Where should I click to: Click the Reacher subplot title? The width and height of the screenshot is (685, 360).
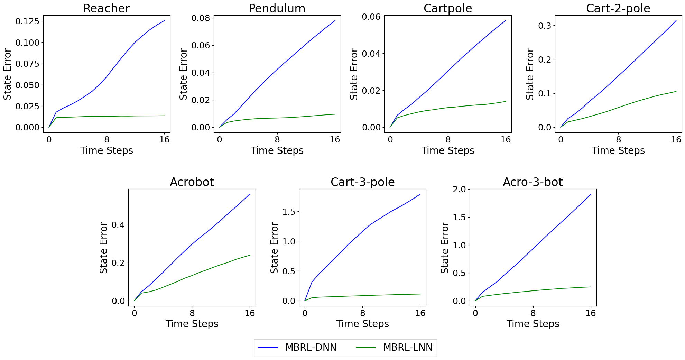(106, 8)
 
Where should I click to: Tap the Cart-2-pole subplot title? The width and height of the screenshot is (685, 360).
(618, 8)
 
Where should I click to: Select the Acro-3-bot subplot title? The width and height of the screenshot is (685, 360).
(533, 182)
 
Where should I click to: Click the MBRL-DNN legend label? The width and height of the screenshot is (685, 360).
(311, 348)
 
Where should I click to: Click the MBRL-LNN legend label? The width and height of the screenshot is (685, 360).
(407, 348)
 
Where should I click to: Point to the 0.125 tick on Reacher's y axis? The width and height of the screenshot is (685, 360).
(27, 21)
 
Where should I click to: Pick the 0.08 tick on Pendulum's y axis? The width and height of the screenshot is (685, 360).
(201, 18)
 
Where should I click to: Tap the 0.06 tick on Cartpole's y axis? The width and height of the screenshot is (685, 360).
(371, 17)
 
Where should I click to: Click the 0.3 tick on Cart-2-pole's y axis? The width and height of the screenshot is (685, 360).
(544, 26)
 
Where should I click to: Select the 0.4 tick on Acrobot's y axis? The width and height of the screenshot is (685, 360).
(118, 225)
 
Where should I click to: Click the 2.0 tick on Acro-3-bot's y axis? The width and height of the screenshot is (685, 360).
(459, 189)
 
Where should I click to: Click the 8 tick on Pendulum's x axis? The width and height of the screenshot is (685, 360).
(277, 140)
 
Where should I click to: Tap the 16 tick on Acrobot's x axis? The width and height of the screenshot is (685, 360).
(250, 313)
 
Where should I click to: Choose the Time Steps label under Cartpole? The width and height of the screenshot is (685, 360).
(447, 151)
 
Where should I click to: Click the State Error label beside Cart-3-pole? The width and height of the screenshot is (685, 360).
(274, 248)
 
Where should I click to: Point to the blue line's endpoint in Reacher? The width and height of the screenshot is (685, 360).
(164, 21)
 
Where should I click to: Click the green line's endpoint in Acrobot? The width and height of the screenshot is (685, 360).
(250, 255)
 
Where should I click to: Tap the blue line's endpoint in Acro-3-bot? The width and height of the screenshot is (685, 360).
(591, 194)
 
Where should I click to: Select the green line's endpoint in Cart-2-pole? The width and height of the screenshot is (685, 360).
(676, 91)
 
